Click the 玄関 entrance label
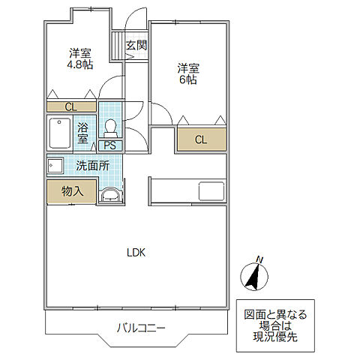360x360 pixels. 136,45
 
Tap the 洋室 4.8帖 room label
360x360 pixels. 80,58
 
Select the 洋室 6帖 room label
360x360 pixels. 188,74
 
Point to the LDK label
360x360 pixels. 136,253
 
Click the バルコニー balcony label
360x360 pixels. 141,328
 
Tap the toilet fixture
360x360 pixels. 110,128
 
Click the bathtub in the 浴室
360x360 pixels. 60,133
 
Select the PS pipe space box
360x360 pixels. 110,145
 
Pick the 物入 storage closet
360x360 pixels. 72,191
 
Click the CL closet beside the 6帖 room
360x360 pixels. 202,139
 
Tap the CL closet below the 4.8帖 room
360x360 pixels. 71,107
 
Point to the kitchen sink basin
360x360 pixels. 211,191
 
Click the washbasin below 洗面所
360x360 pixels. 110,194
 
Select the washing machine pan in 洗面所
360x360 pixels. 55,165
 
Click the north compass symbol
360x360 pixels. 254,277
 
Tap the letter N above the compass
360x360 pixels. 259,260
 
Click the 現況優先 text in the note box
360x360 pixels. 275,337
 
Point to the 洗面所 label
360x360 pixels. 93,166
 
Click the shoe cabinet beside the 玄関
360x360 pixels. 118,45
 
